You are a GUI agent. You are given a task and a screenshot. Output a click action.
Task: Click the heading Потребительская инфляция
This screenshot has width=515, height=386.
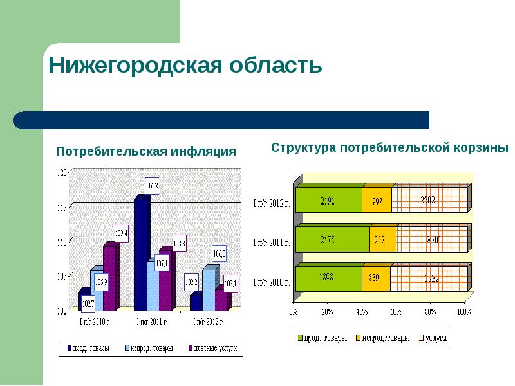(x=146, y=152)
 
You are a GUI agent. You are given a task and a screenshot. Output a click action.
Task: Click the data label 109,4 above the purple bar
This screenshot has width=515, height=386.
(x=121, y=233)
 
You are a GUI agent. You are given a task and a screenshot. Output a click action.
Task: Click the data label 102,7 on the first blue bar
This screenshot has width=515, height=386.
(x=87, y=303)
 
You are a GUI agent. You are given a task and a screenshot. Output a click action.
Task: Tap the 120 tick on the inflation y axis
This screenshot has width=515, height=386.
(x=62, y=172)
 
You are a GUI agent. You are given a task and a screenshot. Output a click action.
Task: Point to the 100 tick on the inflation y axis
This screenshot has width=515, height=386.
(x=62, y=311)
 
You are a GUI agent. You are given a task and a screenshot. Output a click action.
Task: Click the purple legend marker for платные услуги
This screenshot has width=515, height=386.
(x=191, y=349)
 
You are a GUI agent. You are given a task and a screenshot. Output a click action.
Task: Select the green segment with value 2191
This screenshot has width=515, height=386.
(x=328, y=200)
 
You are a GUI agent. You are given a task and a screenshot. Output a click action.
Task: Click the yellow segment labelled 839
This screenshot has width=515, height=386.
(x=375, y=279)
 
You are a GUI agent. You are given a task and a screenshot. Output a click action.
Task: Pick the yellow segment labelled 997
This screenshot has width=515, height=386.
(x=377, y=200)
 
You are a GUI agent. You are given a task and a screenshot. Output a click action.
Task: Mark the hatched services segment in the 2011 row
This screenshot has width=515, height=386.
(x=431, y=239)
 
